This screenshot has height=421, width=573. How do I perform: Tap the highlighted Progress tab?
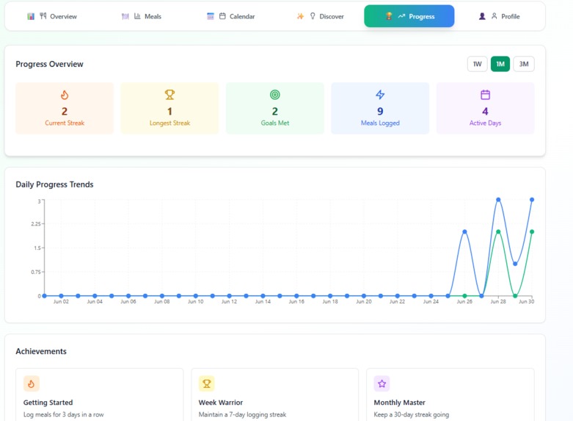coord(409,16)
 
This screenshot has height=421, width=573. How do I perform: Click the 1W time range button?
coord(477,64)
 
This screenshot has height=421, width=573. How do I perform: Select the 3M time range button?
coord(524,64)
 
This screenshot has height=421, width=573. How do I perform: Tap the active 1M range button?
coord(500,64)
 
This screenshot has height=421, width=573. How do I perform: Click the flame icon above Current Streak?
coord(65,95)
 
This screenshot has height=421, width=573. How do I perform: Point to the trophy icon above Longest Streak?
coord(169,95)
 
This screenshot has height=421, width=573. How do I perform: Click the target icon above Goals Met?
coord(275,95)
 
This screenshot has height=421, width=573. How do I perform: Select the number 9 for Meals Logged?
coord(380,111)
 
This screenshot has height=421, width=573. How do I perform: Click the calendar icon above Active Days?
coord(485,95)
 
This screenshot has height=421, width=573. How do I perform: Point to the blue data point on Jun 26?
coord(464,232)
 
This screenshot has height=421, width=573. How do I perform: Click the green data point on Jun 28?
coord(498,232)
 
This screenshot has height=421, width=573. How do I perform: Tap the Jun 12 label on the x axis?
coord(229,301)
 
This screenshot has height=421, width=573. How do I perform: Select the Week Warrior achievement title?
coord(221,403)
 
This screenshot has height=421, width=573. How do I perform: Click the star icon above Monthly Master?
coord(382,384)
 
